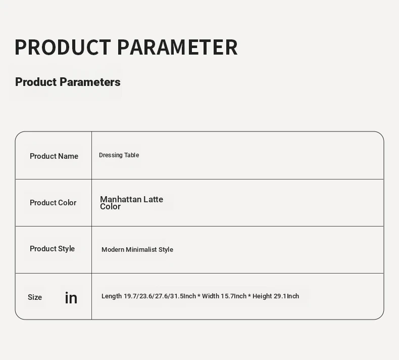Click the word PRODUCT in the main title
(63, 47)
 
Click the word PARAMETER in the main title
(177, 47)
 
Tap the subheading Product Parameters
(68, 82)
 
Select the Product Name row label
(54, 156)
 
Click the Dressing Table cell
(119, 155)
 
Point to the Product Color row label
(53, 203)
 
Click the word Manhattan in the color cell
(121, 199)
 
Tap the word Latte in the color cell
(153, 199)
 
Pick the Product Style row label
(52, 249)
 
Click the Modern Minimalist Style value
(137, 250)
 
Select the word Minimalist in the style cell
(141, 250)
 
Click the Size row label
(35, 297)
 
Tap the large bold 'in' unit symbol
(71, 298)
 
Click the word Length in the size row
(112, 296)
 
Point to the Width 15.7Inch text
(224, 296)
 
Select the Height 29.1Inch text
(276, 296)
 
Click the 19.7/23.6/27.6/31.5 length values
(154, 296)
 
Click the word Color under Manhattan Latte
(110, 207)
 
